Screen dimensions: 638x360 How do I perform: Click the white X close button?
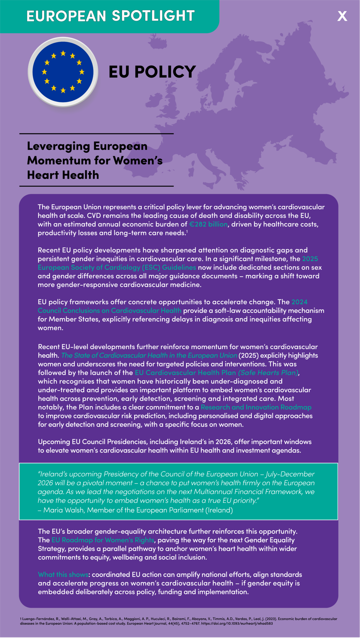click(x=342, y=16)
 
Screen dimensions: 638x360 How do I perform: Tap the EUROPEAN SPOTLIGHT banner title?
click(x=111, y=16)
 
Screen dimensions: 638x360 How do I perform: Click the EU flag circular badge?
click(x=63, y=72)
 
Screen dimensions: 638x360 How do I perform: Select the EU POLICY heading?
click(x=152, y=72)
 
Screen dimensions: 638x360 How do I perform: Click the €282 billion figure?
click(x=208, y=224)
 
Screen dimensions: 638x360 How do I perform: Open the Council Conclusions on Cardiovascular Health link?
click(x=109, y=311)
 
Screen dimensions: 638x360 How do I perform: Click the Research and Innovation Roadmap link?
click(x=256, y=407)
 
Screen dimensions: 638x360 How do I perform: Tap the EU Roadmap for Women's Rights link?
click(x=103, y=540)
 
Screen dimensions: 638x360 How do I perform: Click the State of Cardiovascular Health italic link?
click(x=149, y=355)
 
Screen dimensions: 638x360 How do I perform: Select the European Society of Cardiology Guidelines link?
click(x=117, y=267)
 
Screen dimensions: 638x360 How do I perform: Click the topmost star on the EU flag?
click(x=63, y=54)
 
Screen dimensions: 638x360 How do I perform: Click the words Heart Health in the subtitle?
click(x=63, y=175)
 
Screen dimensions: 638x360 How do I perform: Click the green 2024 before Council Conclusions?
click(x=299, y=302)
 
